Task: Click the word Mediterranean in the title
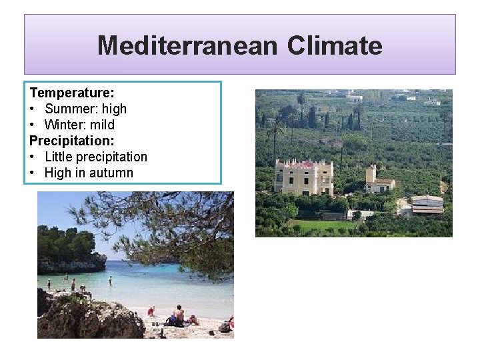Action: [187, 45]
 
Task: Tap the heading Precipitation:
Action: [72, 141]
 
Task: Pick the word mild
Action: [103, 125]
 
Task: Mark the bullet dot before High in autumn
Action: [33, 173]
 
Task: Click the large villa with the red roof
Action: [304, 177]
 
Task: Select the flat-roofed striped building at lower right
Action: [427, 205]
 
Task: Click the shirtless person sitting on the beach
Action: [179, 315]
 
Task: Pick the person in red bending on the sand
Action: [151, 311]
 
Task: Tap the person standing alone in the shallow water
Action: [110, 280]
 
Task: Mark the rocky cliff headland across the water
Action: [70, 263]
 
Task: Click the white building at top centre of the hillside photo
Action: [354, 97]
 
